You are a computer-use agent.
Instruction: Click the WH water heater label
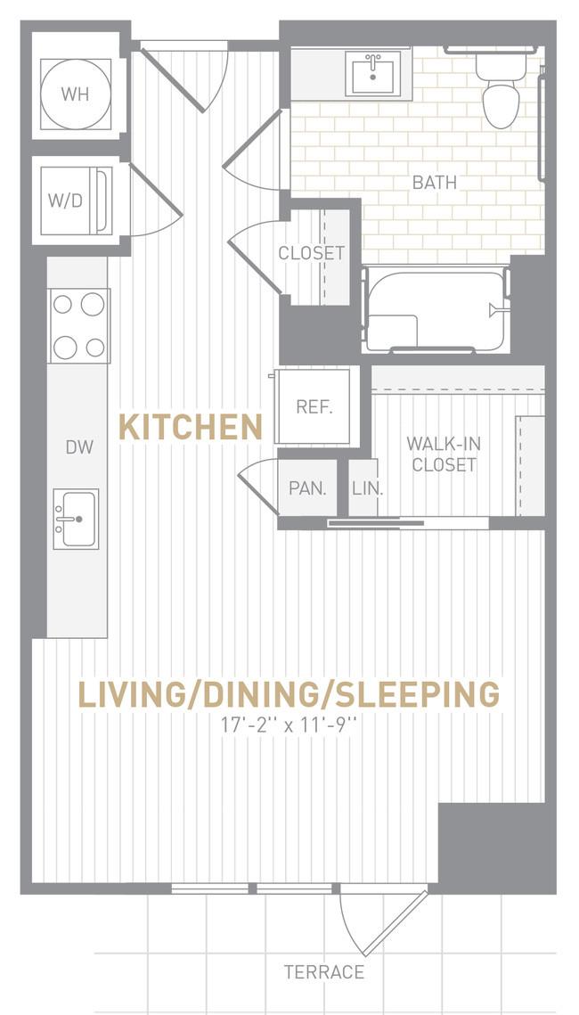click(75, 94)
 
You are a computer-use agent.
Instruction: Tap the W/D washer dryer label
click(65, 201)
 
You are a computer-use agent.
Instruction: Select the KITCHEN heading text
click(191, 428)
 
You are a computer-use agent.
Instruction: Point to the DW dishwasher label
click(79, 446)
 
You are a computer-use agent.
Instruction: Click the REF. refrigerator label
click(314, 407)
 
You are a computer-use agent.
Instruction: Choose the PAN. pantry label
click(307, 488)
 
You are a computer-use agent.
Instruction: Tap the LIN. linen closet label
click(368, 489)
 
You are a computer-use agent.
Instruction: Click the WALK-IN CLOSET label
click(444, 454)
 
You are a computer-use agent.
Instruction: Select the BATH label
click(435, 183)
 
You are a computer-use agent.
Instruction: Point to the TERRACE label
click(324, 972)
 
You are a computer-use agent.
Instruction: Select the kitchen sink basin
click(76, 520)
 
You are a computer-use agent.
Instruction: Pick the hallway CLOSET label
click(311, 253)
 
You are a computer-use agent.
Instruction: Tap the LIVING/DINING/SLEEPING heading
click(289, 694)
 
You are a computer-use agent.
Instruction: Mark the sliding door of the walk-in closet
click(376, 522)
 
